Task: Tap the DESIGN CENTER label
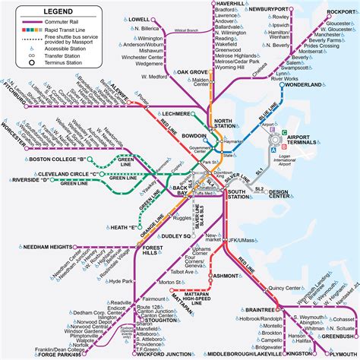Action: point(279,194)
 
